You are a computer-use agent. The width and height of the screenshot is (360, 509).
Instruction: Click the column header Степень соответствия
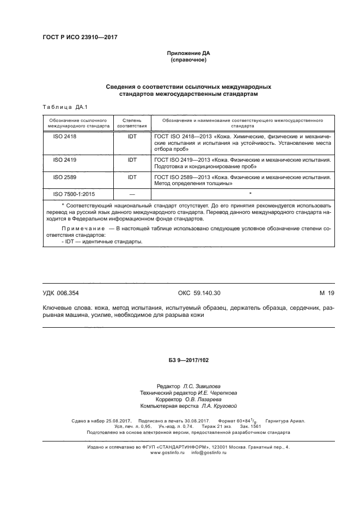132,121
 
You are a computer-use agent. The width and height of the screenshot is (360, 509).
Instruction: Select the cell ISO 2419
65,160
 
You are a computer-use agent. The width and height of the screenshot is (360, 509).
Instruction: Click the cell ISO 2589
65,177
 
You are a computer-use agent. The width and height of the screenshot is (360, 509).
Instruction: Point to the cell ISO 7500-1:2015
74,193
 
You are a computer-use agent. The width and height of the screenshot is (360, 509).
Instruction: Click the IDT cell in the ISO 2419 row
132,160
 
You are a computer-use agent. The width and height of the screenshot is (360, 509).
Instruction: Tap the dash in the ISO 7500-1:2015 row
132,193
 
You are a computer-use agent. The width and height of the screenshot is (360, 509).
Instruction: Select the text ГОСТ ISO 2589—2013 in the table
183,177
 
